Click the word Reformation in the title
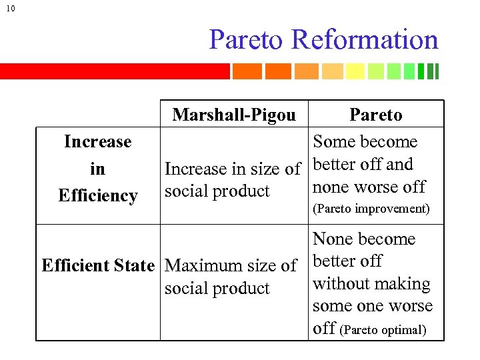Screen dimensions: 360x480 point(365,39)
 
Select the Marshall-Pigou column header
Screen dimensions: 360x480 point(233,115)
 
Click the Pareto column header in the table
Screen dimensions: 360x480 point(376,115)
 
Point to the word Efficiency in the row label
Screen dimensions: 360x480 point(97,195)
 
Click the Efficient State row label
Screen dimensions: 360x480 point(98,265)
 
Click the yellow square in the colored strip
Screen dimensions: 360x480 point(355,71)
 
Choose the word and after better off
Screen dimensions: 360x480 point(399,164)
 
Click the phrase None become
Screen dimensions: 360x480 point(364,239)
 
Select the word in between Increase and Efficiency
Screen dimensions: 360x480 point(97,169)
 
